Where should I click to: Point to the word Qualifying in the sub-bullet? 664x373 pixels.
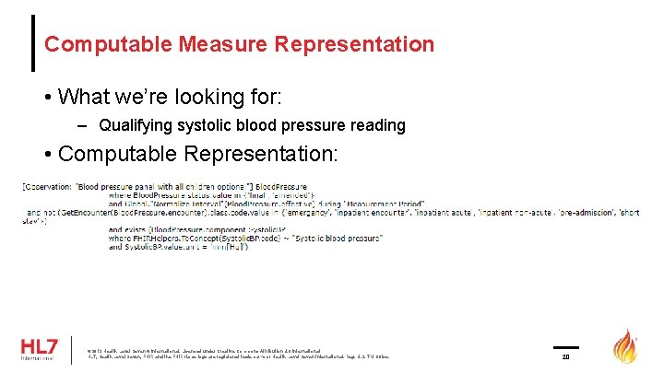coord(130,124)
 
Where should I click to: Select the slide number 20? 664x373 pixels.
coord(566,356)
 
